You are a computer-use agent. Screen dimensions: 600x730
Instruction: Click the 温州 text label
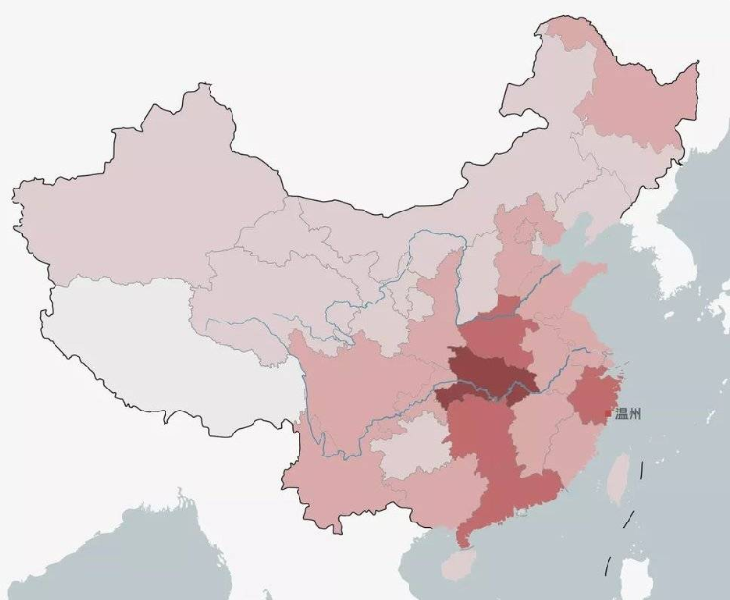(x=629, y=414)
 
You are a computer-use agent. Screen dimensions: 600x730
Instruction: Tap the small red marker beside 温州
(x=608, y=413)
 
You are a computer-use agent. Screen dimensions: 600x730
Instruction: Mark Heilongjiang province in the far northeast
(x=631, y=105)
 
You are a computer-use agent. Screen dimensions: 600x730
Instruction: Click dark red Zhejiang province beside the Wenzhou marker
(x=593, y=392)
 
